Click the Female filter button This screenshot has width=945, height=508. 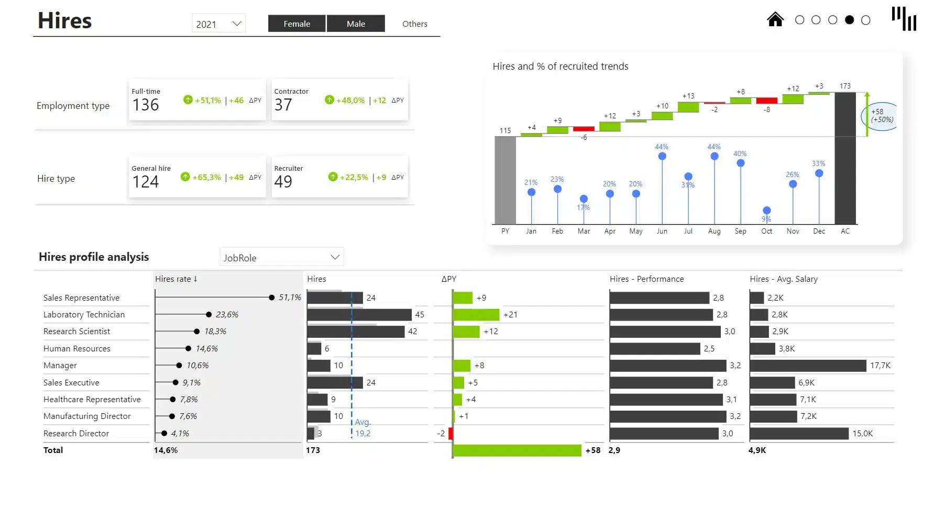point(296,24)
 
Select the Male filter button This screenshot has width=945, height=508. point(356,24)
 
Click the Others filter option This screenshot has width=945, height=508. point(414,24)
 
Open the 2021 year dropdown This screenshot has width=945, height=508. point(218,24)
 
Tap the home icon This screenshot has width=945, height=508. point(775,19)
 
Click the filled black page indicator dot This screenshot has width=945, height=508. point(849,20)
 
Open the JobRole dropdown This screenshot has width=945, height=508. point(281,257)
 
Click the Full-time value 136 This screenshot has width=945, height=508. point(146,105)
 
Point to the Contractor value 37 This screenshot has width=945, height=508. point(283,105)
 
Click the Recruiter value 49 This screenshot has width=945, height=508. point(283,182)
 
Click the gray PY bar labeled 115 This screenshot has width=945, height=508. point(505,180)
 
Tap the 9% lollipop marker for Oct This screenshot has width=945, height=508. point(766,211)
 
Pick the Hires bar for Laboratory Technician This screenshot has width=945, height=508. point(359,315)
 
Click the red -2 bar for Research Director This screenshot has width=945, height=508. point(450,434)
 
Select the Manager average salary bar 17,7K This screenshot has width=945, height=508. point(808,366)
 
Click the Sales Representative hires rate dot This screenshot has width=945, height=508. point(271,297)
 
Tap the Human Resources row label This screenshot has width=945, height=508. point(77,349)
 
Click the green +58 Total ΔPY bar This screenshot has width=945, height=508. point(517,450)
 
